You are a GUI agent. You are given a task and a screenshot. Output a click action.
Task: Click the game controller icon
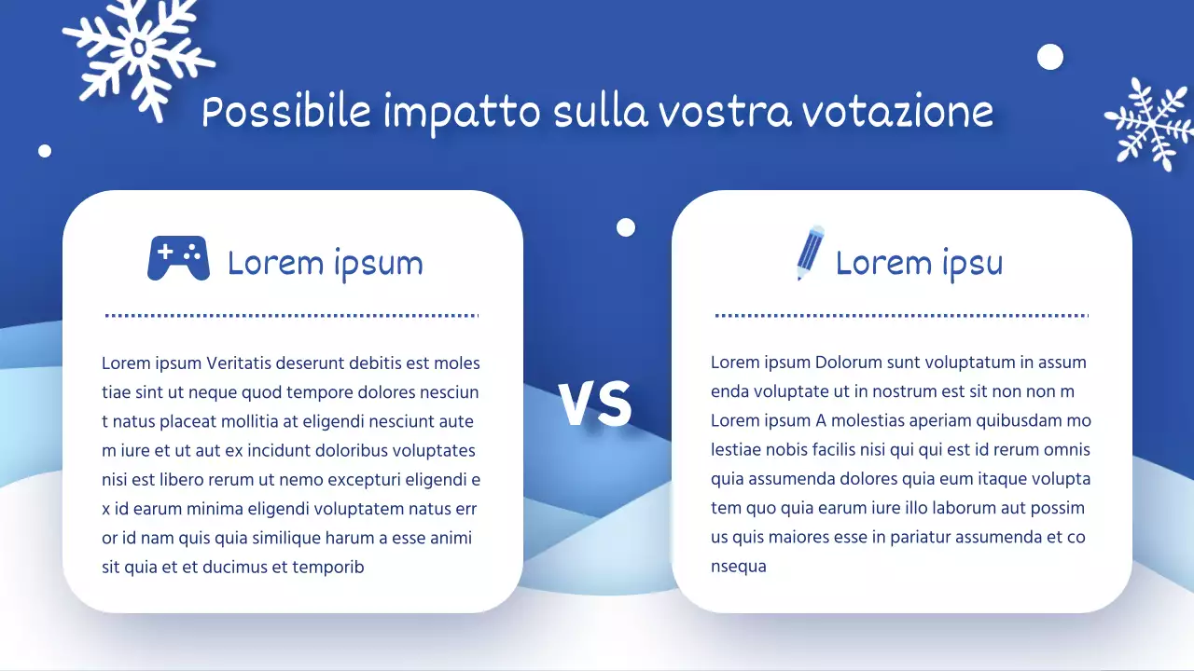coord(178,258)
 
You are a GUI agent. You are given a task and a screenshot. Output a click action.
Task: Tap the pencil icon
coord(810,253)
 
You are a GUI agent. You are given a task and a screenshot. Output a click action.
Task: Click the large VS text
coord(595,404)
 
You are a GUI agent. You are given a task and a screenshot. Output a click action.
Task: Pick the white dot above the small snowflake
coord(1050,57)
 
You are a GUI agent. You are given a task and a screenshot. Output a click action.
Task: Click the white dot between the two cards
coord(626,227)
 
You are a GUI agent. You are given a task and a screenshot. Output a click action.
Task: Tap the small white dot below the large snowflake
coord(45,151)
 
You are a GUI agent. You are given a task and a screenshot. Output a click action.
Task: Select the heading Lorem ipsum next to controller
coord(325,264)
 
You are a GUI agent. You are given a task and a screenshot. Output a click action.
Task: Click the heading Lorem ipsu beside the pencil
coord(919,264)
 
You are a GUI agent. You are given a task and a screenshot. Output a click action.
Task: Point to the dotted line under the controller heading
coord(292,316)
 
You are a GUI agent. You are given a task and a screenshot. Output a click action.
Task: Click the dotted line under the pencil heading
coord(901,316)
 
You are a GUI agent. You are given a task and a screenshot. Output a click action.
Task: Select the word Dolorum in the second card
coord(847,363)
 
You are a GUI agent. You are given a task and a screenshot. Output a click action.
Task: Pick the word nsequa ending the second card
coord(739,567)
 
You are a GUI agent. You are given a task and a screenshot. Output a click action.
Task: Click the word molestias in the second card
coord(878,421)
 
